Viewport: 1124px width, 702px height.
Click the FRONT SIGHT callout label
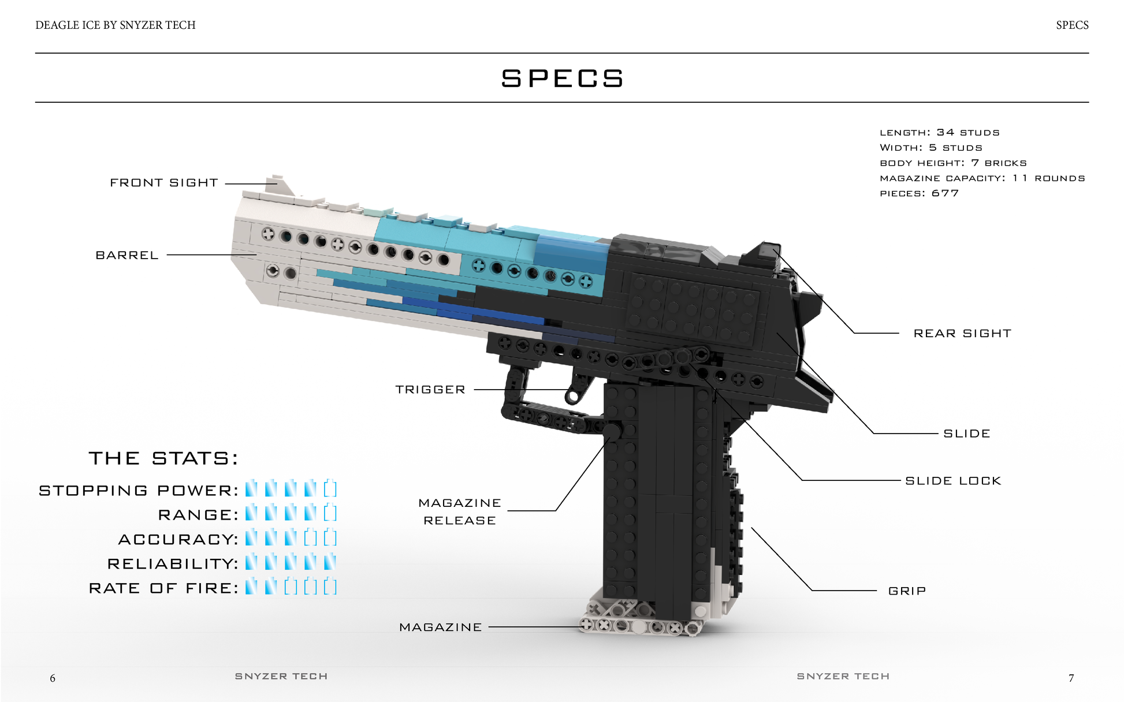point(164,183)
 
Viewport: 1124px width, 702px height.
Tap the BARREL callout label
point(127,255)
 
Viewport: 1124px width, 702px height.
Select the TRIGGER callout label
point(430,390)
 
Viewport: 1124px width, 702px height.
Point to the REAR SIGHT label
point(962,334)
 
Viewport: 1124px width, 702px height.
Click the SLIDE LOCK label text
point(953,481)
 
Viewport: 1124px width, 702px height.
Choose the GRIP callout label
point(907,591)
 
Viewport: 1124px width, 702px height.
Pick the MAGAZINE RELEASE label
point(460,512)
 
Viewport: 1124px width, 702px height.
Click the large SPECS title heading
point(562,79)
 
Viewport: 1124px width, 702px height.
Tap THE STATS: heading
point(163,458)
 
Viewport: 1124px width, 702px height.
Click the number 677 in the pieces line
point(945,193)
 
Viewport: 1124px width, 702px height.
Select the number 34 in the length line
point(946,132)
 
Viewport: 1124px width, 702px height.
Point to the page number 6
point(53,678)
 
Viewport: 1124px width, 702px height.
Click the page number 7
point(1071,678)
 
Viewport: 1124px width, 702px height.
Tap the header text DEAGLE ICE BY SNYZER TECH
point(116,25)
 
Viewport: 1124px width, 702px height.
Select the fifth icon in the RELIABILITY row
point(330,562)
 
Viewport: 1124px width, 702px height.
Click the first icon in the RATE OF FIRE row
point(251,587)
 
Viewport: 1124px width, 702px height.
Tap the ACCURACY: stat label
point(178,540)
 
